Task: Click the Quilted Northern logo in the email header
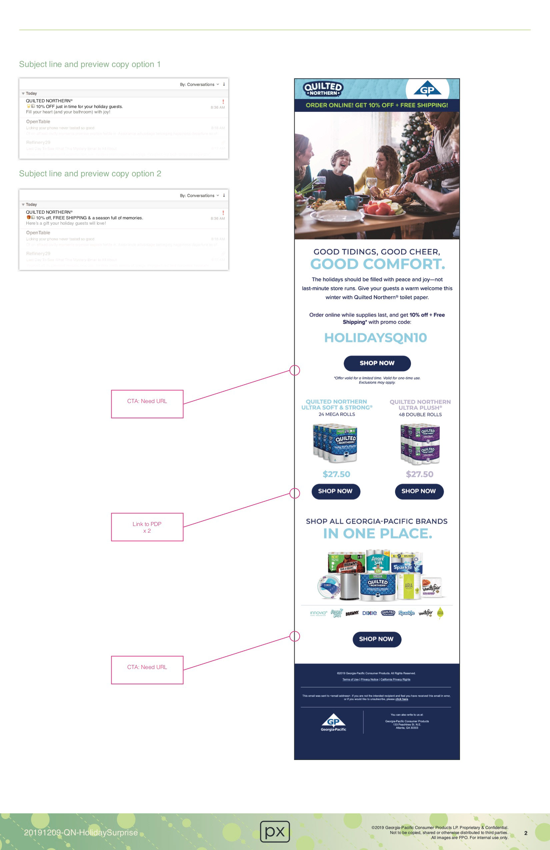[323, 89]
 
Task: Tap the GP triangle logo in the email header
[427, 89]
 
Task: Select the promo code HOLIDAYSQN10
[375, 337]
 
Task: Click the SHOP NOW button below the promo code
[377, 363]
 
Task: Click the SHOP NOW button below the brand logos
[376, 639]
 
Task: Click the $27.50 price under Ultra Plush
[419, 474]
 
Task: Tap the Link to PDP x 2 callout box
[147, 527]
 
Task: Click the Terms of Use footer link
[350, 679]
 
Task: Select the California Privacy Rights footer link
[395, 679]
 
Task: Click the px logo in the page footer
[275, 831]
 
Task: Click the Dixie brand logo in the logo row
[369, 613]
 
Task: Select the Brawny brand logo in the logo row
[352, 613]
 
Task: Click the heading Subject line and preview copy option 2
[90, 174]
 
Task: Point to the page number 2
[525, 833]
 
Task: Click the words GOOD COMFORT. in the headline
[377, 264]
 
